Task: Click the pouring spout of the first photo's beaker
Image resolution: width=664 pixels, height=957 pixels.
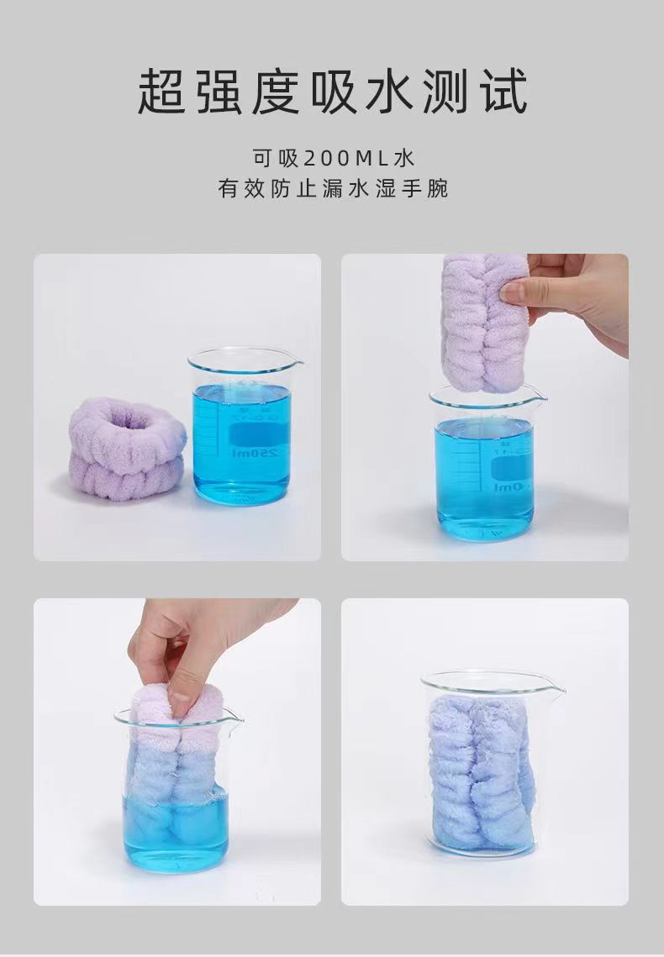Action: (295, 364)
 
